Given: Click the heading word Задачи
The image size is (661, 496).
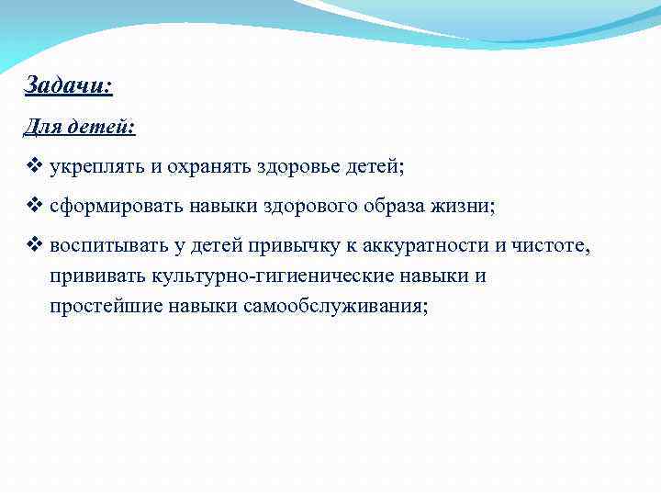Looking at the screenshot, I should click(x=64, y=85).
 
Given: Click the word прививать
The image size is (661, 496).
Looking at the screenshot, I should click(x=95, y=276).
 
